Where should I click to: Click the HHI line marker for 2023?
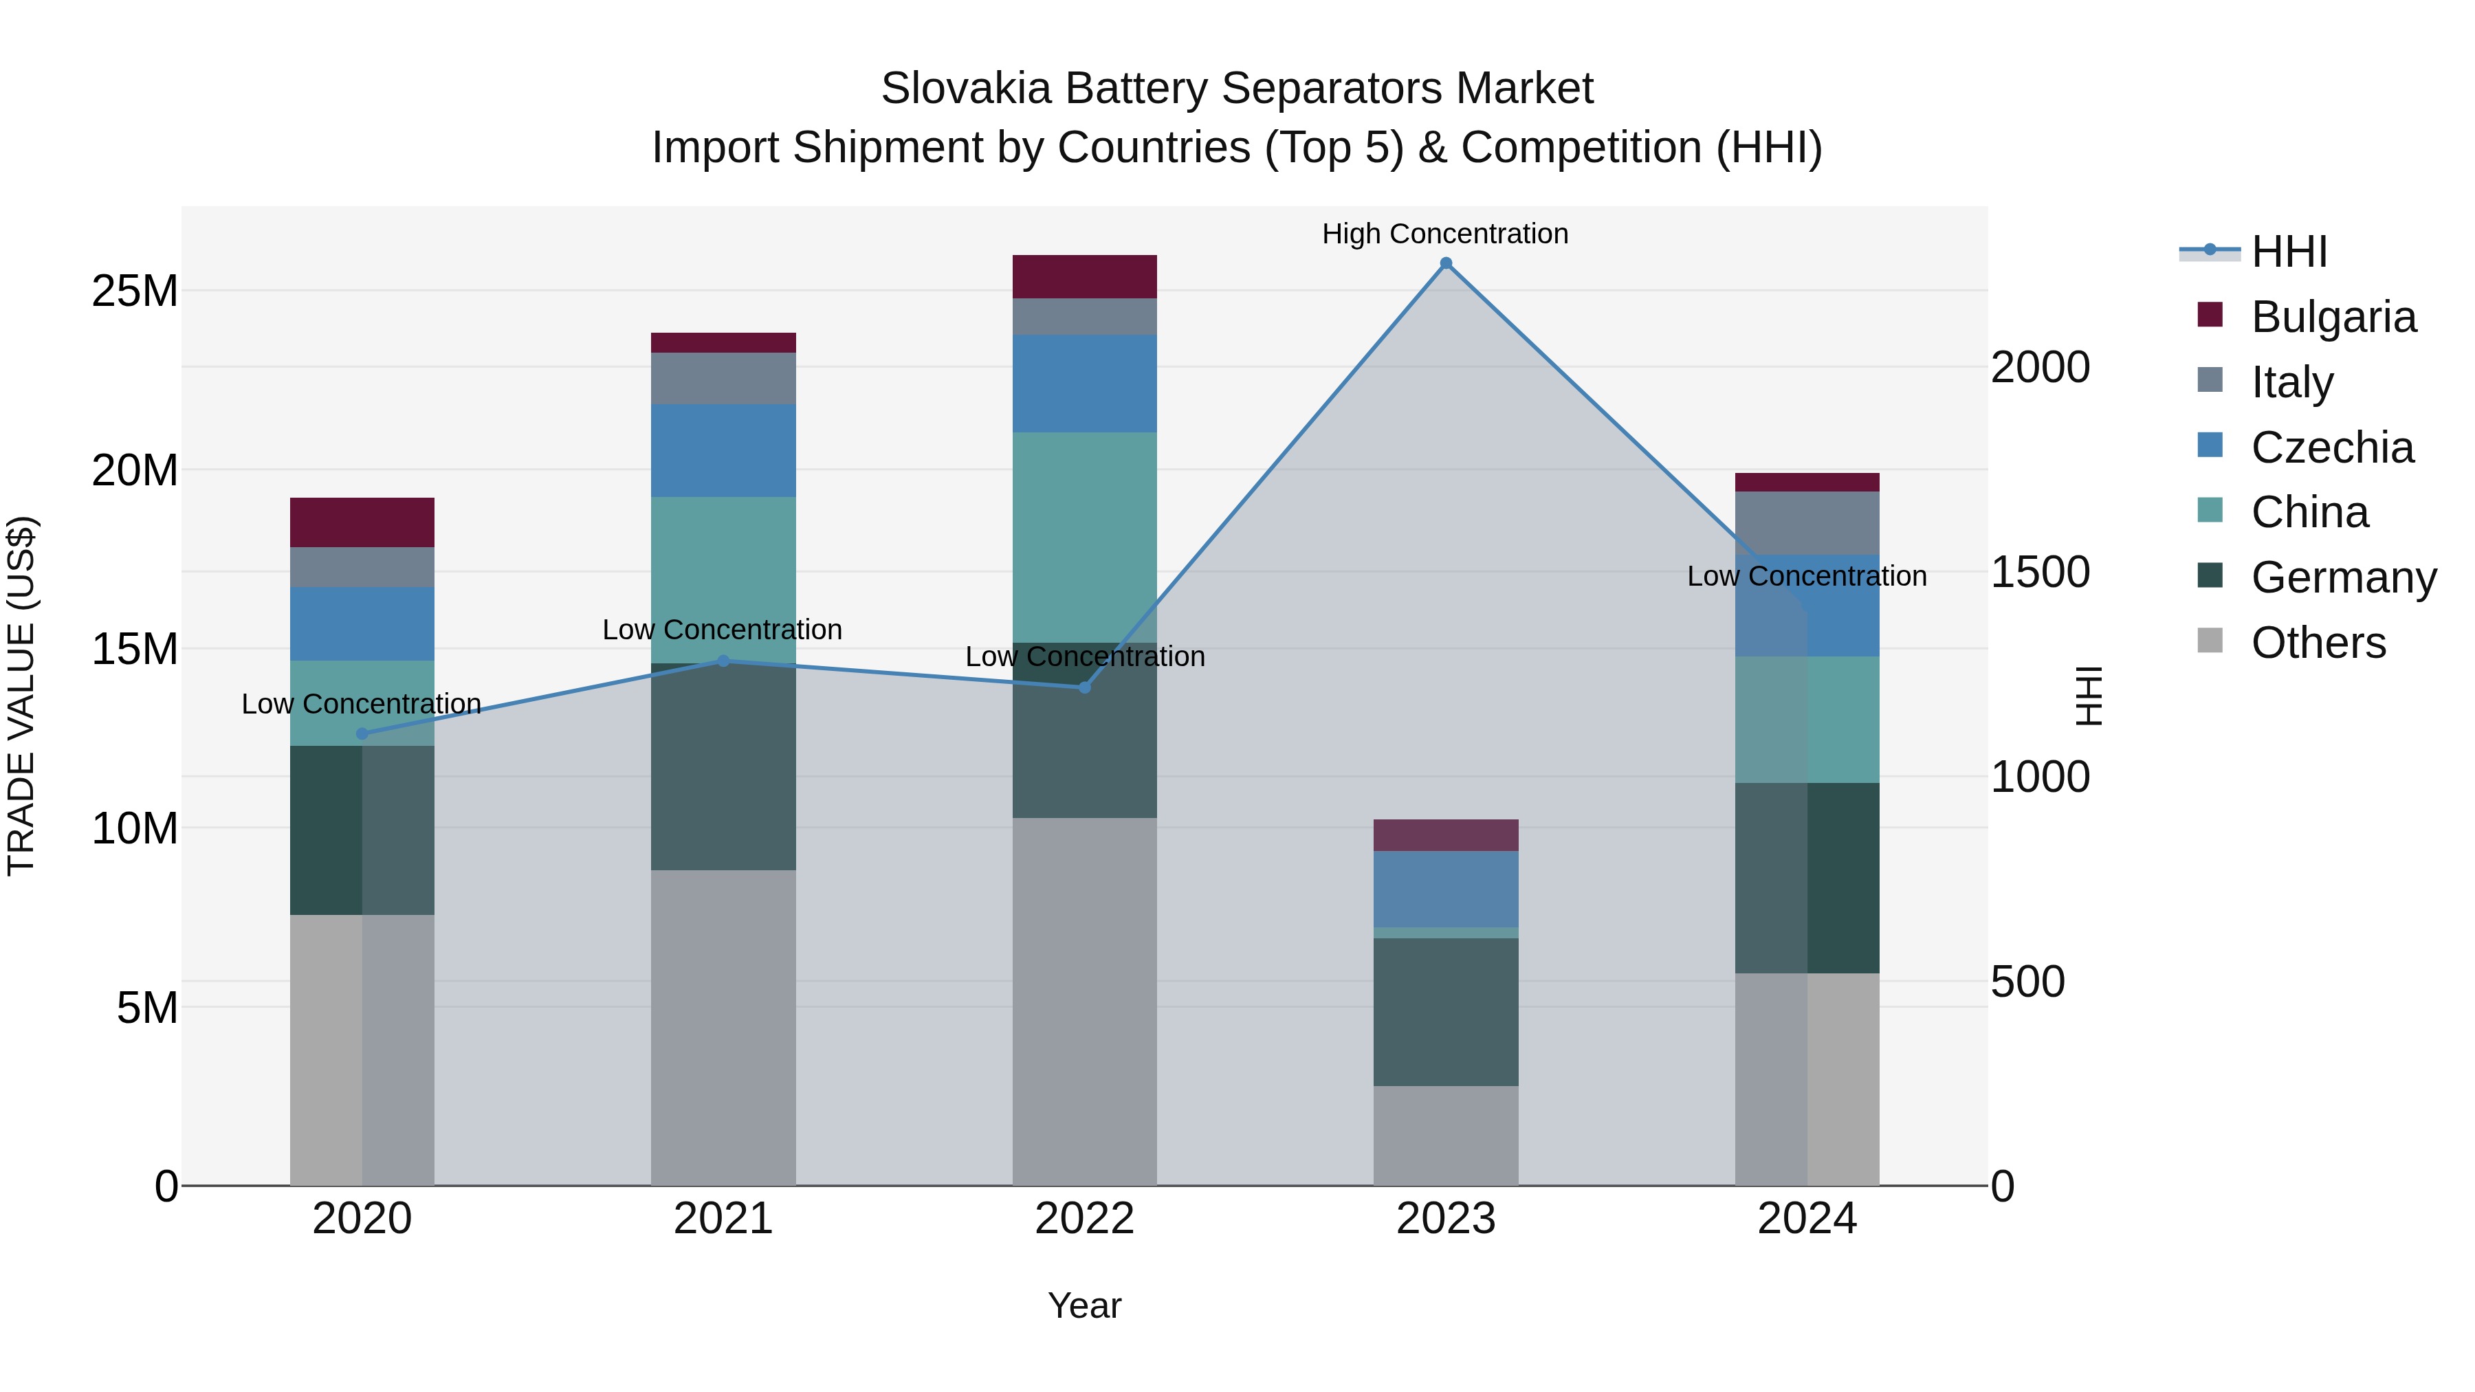1445,263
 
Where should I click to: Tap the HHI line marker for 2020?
362,734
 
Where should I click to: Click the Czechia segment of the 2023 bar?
1445,889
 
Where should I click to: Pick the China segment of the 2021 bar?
723,579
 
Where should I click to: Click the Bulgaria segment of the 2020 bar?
362,522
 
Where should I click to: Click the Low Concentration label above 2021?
722,630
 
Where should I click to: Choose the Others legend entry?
2318,643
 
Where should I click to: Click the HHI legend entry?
2289,252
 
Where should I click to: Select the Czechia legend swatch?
2210,445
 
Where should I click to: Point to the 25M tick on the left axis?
135,291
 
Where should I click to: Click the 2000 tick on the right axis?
2039,367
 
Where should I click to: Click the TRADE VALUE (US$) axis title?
21,696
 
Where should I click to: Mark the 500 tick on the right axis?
2027,982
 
